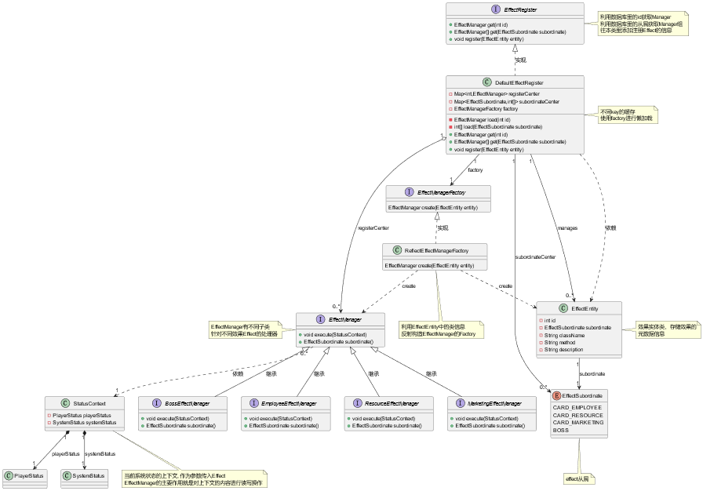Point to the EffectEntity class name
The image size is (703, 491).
(x=585, y=309)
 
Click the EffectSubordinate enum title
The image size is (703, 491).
(x=582, y=395)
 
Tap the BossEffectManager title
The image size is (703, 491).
(x=187, y=403)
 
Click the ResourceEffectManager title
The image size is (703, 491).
(x=393, y=403)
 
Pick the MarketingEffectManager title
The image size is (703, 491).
(x=495, y=403)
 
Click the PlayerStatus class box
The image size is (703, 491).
(x=25, y=475)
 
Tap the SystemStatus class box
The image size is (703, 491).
(x=84, y=475)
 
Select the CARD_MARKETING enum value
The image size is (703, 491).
(x=578, y=422)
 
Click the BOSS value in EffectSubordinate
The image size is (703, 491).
(x=561, y=430)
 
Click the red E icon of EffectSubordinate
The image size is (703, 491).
(x=556, y=395)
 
